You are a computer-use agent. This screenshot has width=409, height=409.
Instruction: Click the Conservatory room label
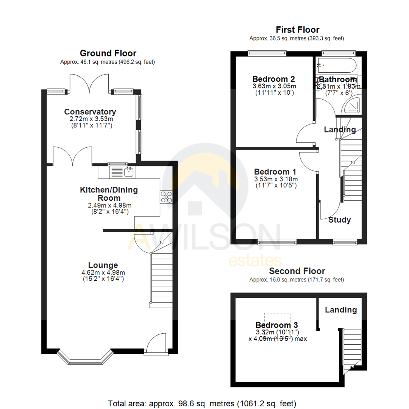tap(90, 112)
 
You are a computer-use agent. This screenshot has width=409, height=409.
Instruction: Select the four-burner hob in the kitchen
tap(166, 197)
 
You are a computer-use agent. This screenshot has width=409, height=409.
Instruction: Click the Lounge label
tap(103, 265)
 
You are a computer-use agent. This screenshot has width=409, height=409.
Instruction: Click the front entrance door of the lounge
tap(156, 345)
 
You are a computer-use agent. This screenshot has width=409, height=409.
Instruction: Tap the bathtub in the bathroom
tap(337, 66)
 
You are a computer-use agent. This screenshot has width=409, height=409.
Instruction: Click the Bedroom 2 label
tap(273, 79)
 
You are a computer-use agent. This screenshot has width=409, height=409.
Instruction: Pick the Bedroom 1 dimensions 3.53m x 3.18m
tap(276, 179)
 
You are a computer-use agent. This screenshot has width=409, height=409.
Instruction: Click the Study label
tap(339, 220)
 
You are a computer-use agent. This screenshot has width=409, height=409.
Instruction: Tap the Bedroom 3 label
tap(276, 325)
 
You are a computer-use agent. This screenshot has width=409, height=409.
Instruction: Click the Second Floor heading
tap(297, 271)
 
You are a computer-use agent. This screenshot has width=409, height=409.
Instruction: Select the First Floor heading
tap(297, 30)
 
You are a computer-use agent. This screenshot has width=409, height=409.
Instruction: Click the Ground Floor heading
tap(108, 53)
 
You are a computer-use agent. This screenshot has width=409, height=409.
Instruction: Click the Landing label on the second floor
tap(340, 310)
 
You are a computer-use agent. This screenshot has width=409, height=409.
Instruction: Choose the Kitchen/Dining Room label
tap(108, 194)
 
